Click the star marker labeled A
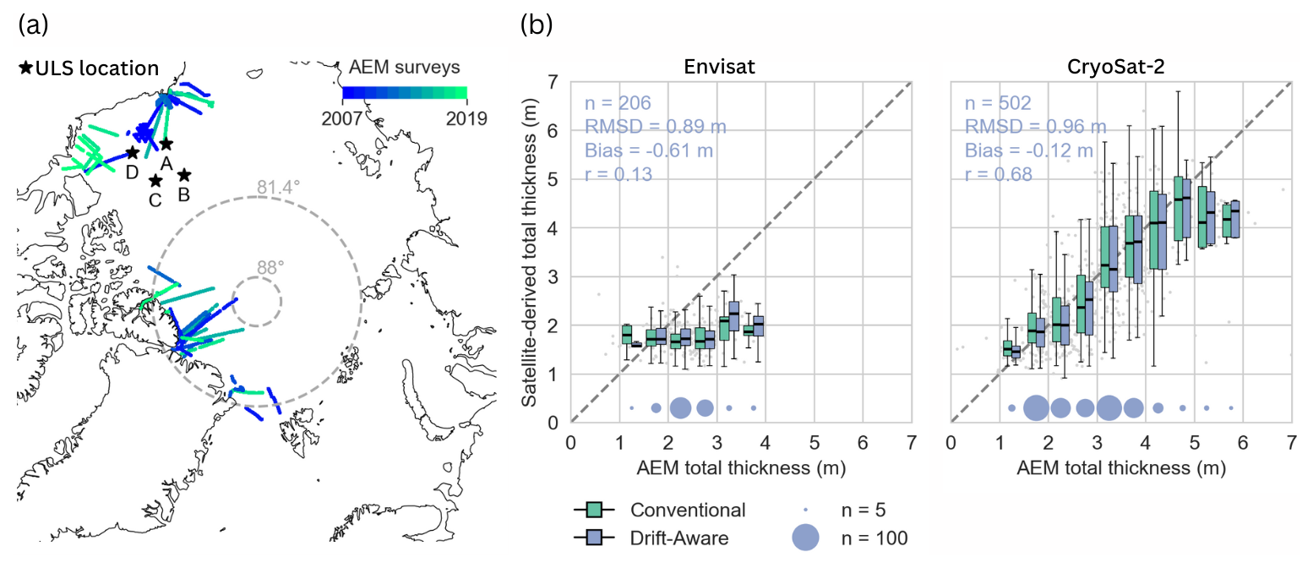166,145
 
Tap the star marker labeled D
132,152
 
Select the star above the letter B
184,175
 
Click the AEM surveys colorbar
404,92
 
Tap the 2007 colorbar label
343,117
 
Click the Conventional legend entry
687,510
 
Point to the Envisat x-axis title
741,467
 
